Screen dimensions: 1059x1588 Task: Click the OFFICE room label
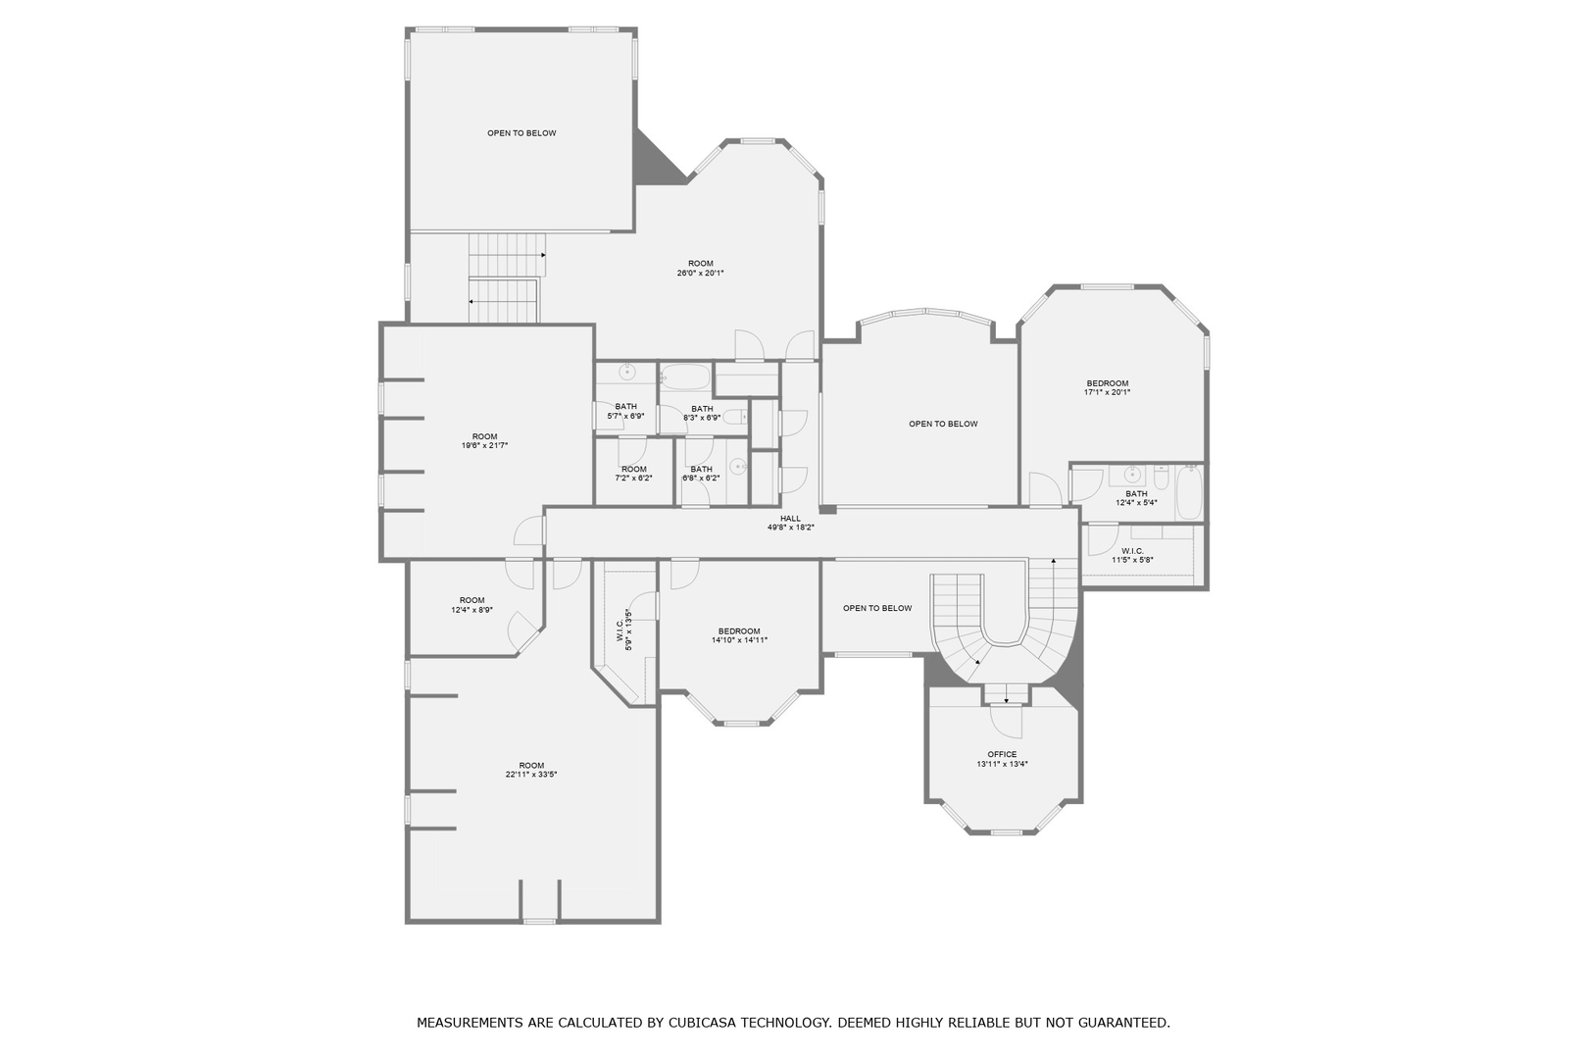click(1002, 754)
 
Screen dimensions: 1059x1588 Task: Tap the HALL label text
click(790, 519)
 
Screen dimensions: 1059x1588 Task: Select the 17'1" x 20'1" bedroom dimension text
click(1107, 392)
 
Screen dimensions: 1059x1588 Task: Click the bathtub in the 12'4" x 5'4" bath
click(1188, 493)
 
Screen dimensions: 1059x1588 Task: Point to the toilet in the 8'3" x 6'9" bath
click(734, 417)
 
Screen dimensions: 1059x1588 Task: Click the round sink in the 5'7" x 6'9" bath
click(626, 373)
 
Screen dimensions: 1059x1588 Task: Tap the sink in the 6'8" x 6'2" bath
click(738, 466)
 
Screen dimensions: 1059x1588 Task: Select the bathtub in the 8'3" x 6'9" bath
click(684, 377)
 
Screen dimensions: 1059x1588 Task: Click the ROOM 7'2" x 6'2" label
click(633, 474)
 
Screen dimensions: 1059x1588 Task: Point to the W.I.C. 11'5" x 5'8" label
click(1132, 556)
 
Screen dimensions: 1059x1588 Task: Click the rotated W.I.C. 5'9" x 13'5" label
click(623, 630)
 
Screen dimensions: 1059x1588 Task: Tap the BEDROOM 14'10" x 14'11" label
click(739, 635)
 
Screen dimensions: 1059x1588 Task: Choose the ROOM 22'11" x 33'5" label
click(531, 770)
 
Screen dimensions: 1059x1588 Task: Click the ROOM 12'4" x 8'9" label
click(471, 605)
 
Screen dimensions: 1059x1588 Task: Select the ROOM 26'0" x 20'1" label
click(700, 268)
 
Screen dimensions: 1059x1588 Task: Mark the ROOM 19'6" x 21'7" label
click(484, 441)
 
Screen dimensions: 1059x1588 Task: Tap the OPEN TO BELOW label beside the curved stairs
click(877, 608)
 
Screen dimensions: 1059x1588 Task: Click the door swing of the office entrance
click(1006, 722)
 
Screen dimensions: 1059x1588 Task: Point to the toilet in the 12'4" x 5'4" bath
click(1161, 479)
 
